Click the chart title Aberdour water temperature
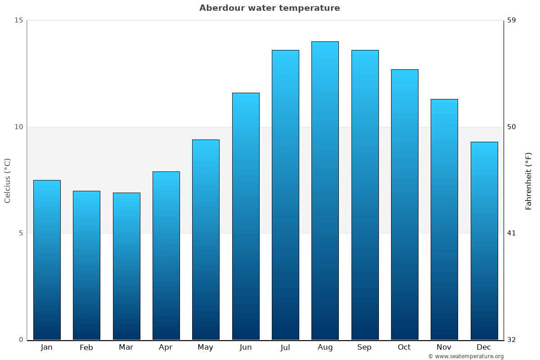pyautogui.click(x=270, y=8)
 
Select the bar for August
pyautogui.click(x=325, y=191)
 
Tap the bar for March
pyautogui.click(x=126, y=266)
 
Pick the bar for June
pyautogui.click(x=246, y=216)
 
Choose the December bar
pyautogui.click(x=484, y=241)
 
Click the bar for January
pyautogui.click(x=47, y=260)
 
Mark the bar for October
pyautogui.click(x=405, y=205)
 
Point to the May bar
pyautogui.click(x=206, y=240)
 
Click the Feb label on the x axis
pyautogui.click(x=86, y=347)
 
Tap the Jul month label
pyautogui.click(x=285, y=347)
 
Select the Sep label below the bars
pyautogui.click(x=364, y=347)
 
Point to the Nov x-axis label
pyautogui.click(x=444, y=347)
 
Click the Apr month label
pyautogui.click(x=166, y=347)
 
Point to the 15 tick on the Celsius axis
pyautogui.click(x=18, y=20)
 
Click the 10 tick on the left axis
pyautogui.click(x=18, y=127)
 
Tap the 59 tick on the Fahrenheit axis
pyautogui.click(x=512, y=20)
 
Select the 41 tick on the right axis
pyautogui.click(x=512, y=233)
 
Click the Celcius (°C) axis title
pyautogui.click(x=7, y=180)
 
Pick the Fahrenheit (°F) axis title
pyautogui.click(x=529, y=180)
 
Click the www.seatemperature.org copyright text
pyautogui.click(x=466, y=356)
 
